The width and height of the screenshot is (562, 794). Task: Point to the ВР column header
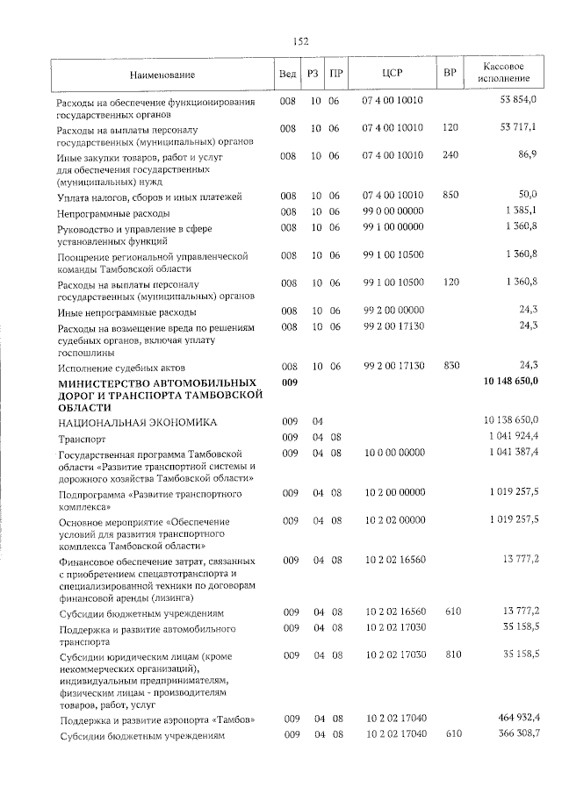tap(450, 73)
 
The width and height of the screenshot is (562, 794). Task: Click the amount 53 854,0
tap(518, 100)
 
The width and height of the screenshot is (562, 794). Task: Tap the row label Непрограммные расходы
tap(113, 212)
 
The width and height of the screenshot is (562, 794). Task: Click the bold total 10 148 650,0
tap(510, 382)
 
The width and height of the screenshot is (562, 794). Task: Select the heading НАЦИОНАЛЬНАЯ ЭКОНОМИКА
tap(136, 422)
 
